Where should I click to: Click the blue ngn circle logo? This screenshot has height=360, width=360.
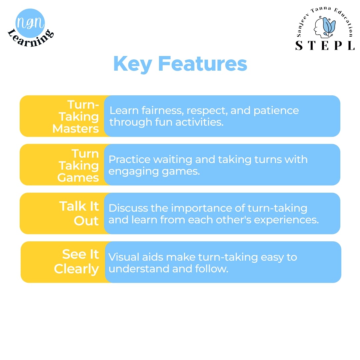[30, 23]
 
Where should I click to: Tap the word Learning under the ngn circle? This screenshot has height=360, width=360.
[31, 38]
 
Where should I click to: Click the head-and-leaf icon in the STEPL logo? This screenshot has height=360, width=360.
[325, 27]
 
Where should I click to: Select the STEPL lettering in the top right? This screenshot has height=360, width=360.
[325, 45]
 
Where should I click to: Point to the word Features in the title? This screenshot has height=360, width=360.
[203, 64]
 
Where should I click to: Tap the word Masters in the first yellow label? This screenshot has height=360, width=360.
[76, 129]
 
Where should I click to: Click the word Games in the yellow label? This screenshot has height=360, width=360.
[78, 177]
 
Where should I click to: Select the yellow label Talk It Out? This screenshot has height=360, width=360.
[79, 213]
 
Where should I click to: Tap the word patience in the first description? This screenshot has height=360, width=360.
[276, 111]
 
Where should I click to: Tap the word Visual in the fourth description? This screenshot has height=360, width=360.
[124, 257]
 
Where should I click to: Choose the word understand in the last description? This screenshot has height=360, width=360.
[139, 269]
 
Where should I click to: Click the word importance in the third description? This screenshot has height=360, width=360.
[201, 208]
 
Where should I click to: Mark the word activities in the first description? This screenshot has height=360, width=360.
[199, 122]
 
